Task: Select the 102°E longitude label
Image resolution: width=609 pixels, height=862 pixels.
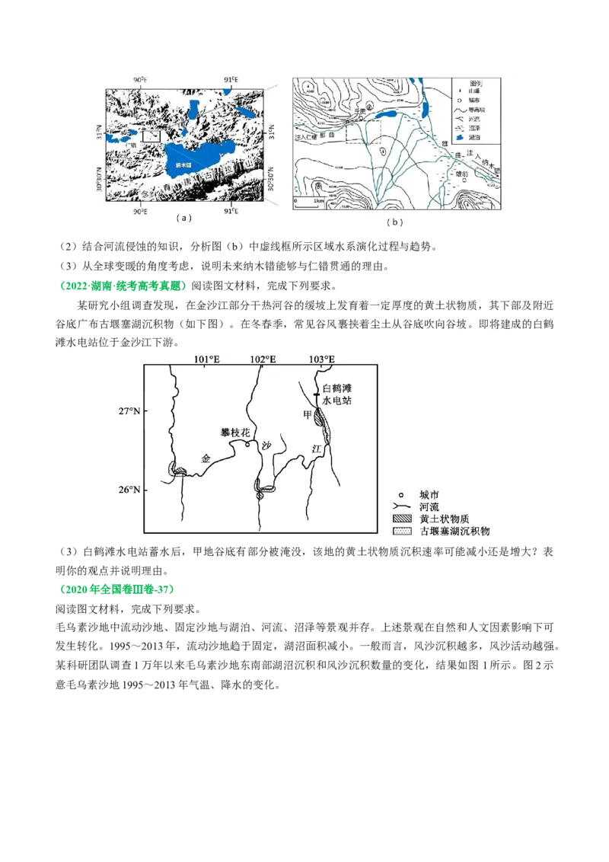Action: coord(263,359)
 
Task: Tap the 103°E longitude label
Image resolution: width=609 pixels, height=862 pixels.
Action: coord(321,359)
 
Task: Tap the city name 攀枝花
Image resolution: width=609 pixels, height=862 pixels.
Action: coord(234,433)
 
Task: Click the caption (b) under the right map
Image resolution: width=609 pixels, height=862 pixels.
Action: coord(394,222)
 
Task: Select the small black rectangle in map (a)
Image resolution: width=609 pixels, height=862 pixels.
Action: coord(152,135)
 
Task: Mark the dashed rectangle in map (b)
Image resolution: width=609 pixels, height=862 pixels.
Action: coord(363,130)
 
